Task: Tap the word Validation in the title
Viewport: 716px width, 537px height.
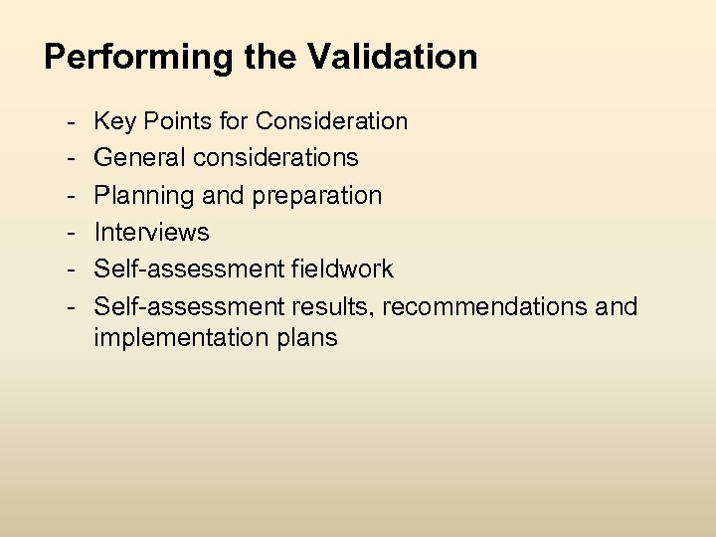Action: [392, 56]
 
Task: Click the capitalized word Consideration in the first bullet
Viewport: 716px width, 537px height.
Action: [331, 121]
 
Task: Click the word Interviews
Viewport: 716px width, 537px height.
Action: [151, 233]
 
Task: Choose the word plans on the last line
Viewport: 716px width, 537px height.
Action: [309, 338]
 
